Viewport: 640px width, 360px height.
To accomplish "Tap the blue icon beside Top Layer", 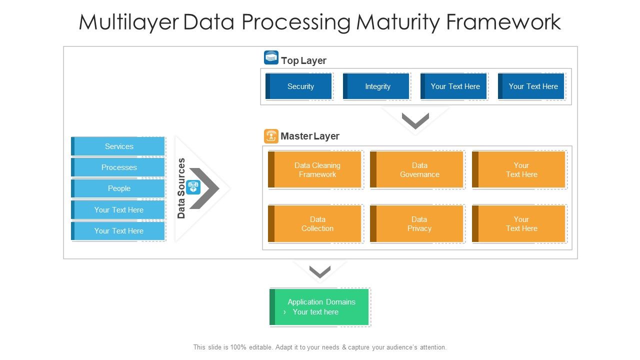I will coord(271,58).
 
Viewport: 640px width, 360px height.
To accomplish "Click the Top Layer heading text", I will coord(303,60).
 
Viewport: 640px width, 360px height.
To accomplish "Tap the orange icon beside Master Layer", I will coord(271,136).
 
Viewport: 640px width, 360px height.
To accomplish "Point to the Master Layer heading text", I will coord(310,136).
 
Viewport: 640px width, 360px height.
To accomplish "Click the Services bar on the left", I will coord(118,146).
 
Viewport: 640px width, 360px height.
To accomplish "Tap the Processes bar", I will coord(118,167).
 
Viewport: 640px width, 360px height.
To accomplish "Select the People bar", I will coord(118,188).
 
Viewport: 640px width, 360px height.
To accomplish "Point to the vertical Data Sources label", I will coord(181,188).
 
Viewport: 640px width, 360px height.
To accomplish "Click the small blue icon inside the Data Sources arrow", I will coord(193,187).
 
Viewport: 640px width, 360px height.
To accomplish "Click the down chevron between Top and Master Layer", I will coord(415,120).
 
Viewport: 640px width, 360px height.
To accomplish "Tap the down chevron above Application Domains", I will coord(320,272).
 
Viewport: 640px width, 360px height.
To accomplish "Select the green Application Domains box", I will coord(319,307).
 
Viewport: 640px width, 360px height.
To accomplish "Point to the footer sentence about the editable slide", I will coord(320,347).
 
